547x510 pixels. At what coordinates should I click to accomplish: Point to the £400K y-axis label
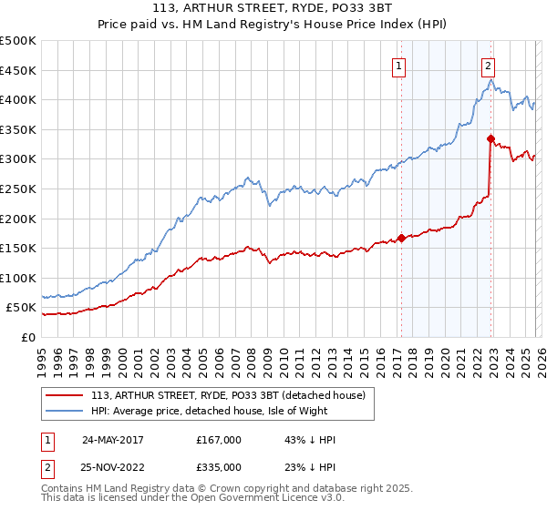pos(18,99)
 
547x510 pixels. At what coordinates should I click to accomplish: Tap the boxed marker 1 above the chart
pos(399,65)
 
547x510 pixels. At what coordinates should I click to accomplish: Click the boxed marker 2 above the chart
pos(489,65)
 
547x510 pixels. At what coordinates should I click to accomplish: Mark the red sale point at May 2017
pos(400,239)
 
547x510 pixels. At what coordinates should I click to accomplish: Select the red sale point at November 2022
pos(490,139)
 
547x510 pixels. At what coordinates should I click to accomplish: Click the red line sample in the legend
pos(66,395)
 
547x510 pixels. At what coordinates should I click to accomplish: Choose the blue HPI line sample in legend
pos(66,411)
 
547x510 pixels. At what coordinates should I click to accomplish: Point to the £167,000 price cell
pos(218,440)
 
